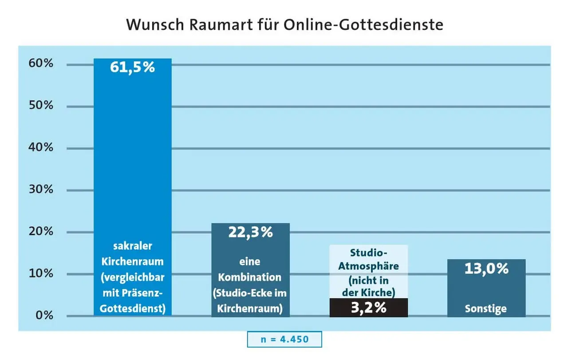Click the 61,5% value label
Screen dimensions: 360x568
(x=132, y=67)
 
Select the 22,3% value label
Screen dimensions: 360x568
(x=250, y=232)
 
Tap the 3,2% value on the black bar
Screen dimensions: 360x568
(x=368, y=308)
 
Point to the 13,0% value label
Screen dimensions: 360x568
(x=486, y=269)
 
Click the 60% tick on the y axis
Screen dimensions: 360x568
(x=42, y=63)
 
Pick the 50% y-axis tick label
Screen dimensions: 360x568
(x=42, y=106)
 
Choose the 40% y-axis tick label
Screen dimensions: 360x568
(x=42, y=147)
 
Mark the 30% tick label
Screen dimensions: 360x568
(x=42, y=190)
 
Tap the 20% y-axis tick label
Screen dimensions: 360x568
(x=42, y=231)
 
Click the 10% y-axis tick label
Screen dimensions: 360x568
(x=42, y=273)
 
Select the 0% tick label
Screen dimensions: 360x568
(x=44, y=316)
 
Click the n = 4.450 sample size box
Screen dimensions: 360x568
(x=284, y=339)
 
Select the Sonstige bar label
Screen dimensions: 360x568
(x=486, y=309)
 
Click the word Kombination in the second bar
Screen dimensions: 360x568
(x=250, y=277)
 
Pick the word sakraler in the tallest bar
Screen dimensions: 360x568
(x=132, y=246)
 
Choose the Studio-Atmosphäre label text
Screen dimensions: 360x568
(x=368, y=260)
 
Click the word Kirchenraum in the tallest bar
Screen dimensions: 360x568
(x=132, y=261)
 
